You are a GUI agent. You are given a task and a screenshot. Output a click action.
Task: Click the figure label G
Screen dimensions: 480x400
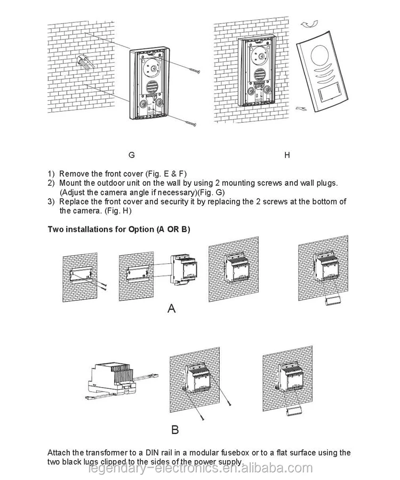click(132, 155)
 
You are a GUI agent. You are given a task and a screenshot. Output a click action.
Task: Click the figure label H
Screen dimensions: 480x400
click(287, 155)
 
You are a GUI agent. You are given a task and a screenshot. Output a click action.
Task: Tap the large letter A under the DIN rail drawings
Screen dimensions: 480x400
click(171, 308)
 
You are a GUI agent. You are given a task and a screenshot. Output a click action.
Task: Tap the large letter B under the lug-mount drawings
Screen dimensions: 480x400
click(174, 429)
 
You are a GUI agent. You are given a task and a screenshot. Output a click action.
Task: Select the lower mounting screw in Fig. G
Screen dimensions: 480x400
click(190, 123)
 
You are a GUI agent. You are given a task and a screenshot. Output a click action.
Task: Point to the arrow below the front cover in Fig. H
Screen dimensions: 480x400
click(299, 108)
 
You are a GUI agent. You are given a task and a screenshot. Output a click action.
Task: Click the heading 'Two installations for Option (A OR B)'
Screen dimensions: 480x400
click(119, 229)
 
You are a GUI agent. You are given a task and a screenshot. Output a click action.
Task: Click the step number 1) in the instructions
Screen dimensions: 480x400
click(51, 174)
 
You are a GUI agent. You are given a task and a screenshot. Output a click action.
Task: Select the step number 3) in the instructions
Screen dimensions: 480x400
click(51, 201)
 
